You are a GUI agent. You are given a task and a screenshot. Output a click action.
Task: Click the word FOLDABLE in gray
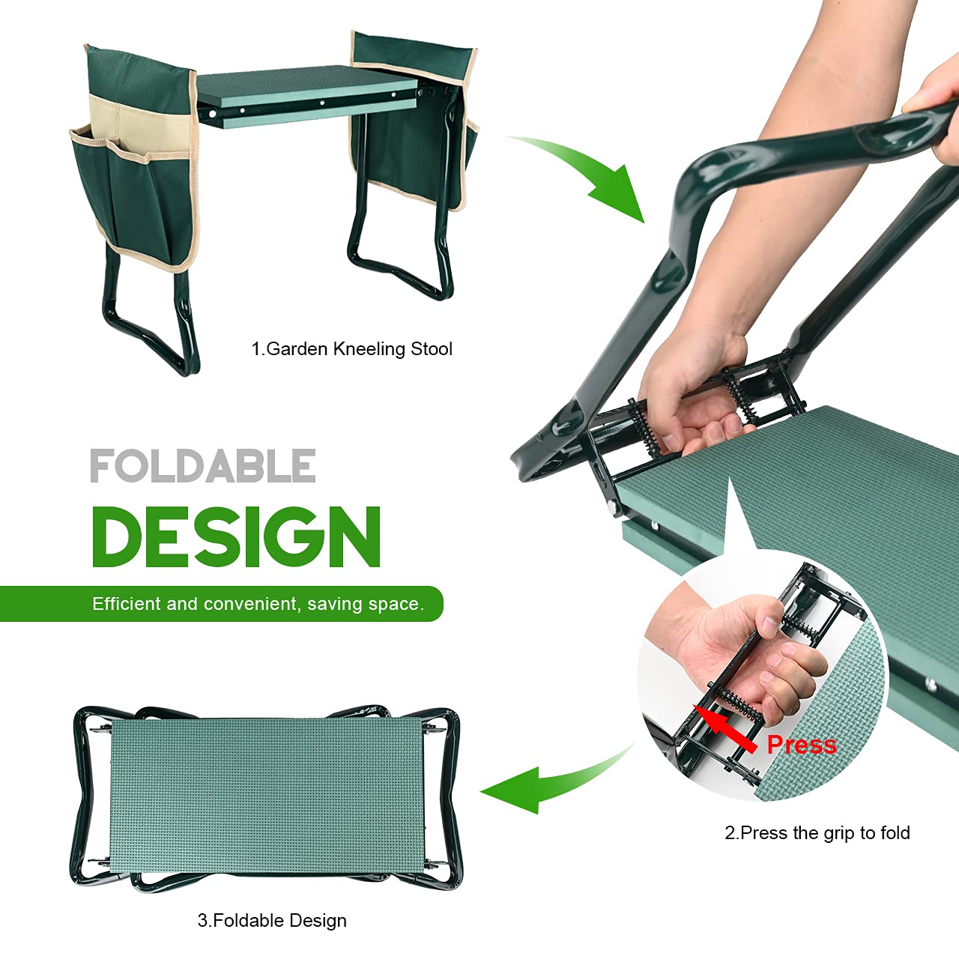click(x=202, y=466)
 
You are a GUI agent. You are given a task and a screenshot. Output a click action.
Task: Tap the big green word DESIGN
click(x=236, y=536)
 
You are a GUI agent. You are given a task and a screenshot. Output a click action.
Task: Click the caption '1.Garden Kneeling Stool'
click(x=351, y=349)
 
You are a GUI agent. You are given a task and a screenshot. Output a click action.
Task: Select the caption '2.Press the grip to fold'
click(x=817, y=833)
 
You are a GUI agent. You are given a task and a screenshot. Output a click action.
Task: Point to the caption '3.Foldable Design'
click(x=272, y=921)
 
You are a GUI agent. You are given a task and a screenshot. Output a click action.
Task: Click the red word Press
click(x=802, y=745)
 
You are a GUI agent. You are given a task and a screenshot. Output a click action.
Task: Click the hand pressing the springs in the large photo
click(x=689, y=390)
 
